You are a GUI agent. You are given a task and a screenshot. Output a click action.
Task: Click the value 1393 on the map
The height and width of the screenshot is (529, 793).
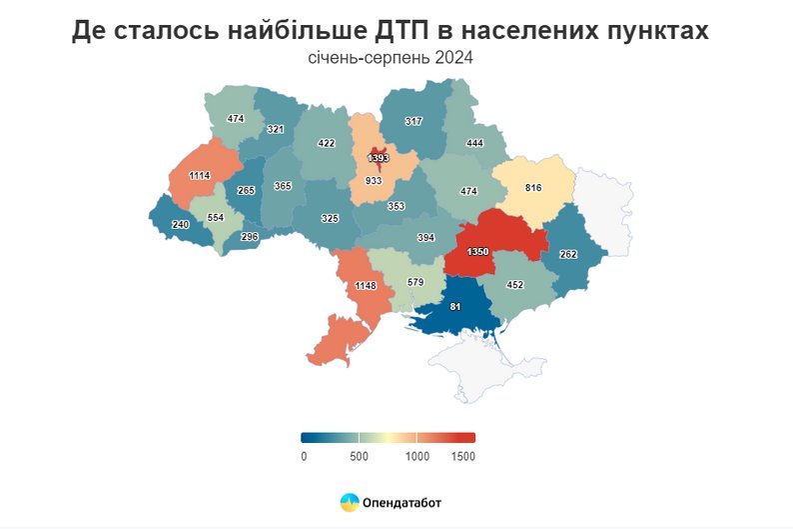coord(378,158)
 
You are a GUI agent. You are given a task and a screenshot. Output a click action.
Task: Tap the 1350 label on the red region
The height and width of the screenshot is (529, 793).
coord(477,251)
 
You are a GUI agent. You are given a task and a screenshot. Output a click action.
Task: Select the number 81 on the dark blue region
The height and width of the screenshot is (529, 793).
coord(455,306)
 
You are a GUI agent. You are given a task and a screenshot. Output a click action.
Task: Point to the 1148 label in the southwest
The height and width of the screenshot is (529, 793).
coord(366,287)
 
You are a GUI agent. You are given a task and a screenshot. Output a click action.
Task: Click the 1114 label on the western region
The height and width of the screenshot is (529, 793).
coord(200,176)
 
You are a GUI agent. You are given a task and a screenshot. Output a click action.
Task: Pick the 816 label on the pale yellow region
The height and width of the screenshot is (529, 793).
coord(533,188)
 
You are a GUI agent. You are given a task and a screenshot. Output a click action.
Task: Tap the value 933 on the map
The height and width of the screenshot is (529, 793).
coord(374,181)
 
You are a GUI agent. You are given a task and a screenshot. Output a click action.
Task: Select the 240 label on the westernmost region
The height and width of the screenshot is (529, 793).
coord(180,225)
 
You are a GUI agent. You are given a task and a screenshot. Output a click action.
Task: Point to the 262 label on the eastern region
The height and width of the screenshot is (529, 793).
coord(569,254)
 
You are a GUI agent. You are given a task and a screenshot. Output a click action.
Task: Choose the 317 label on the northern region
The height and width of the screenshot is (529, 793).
coord(413,121)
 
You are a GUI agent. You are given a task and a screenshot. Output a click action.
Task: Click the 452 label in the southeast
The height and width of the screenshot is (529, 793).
coord(514,284)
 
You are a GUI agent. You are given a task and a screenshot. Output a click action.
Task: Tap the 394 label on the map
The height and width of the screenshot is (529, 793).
coord(426,238)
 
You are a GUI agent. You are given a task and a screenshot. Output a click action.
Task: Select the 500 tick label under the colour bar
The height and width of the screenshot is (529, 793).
coord(360,456)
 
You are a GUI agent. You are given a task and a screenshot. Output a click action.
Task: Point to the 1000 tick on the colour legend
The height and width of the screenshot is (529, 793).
coord(416,456)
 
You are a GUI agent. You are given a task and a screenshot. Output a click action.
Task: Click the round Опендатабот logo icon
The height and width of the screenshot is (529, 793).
coord(350,502)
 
